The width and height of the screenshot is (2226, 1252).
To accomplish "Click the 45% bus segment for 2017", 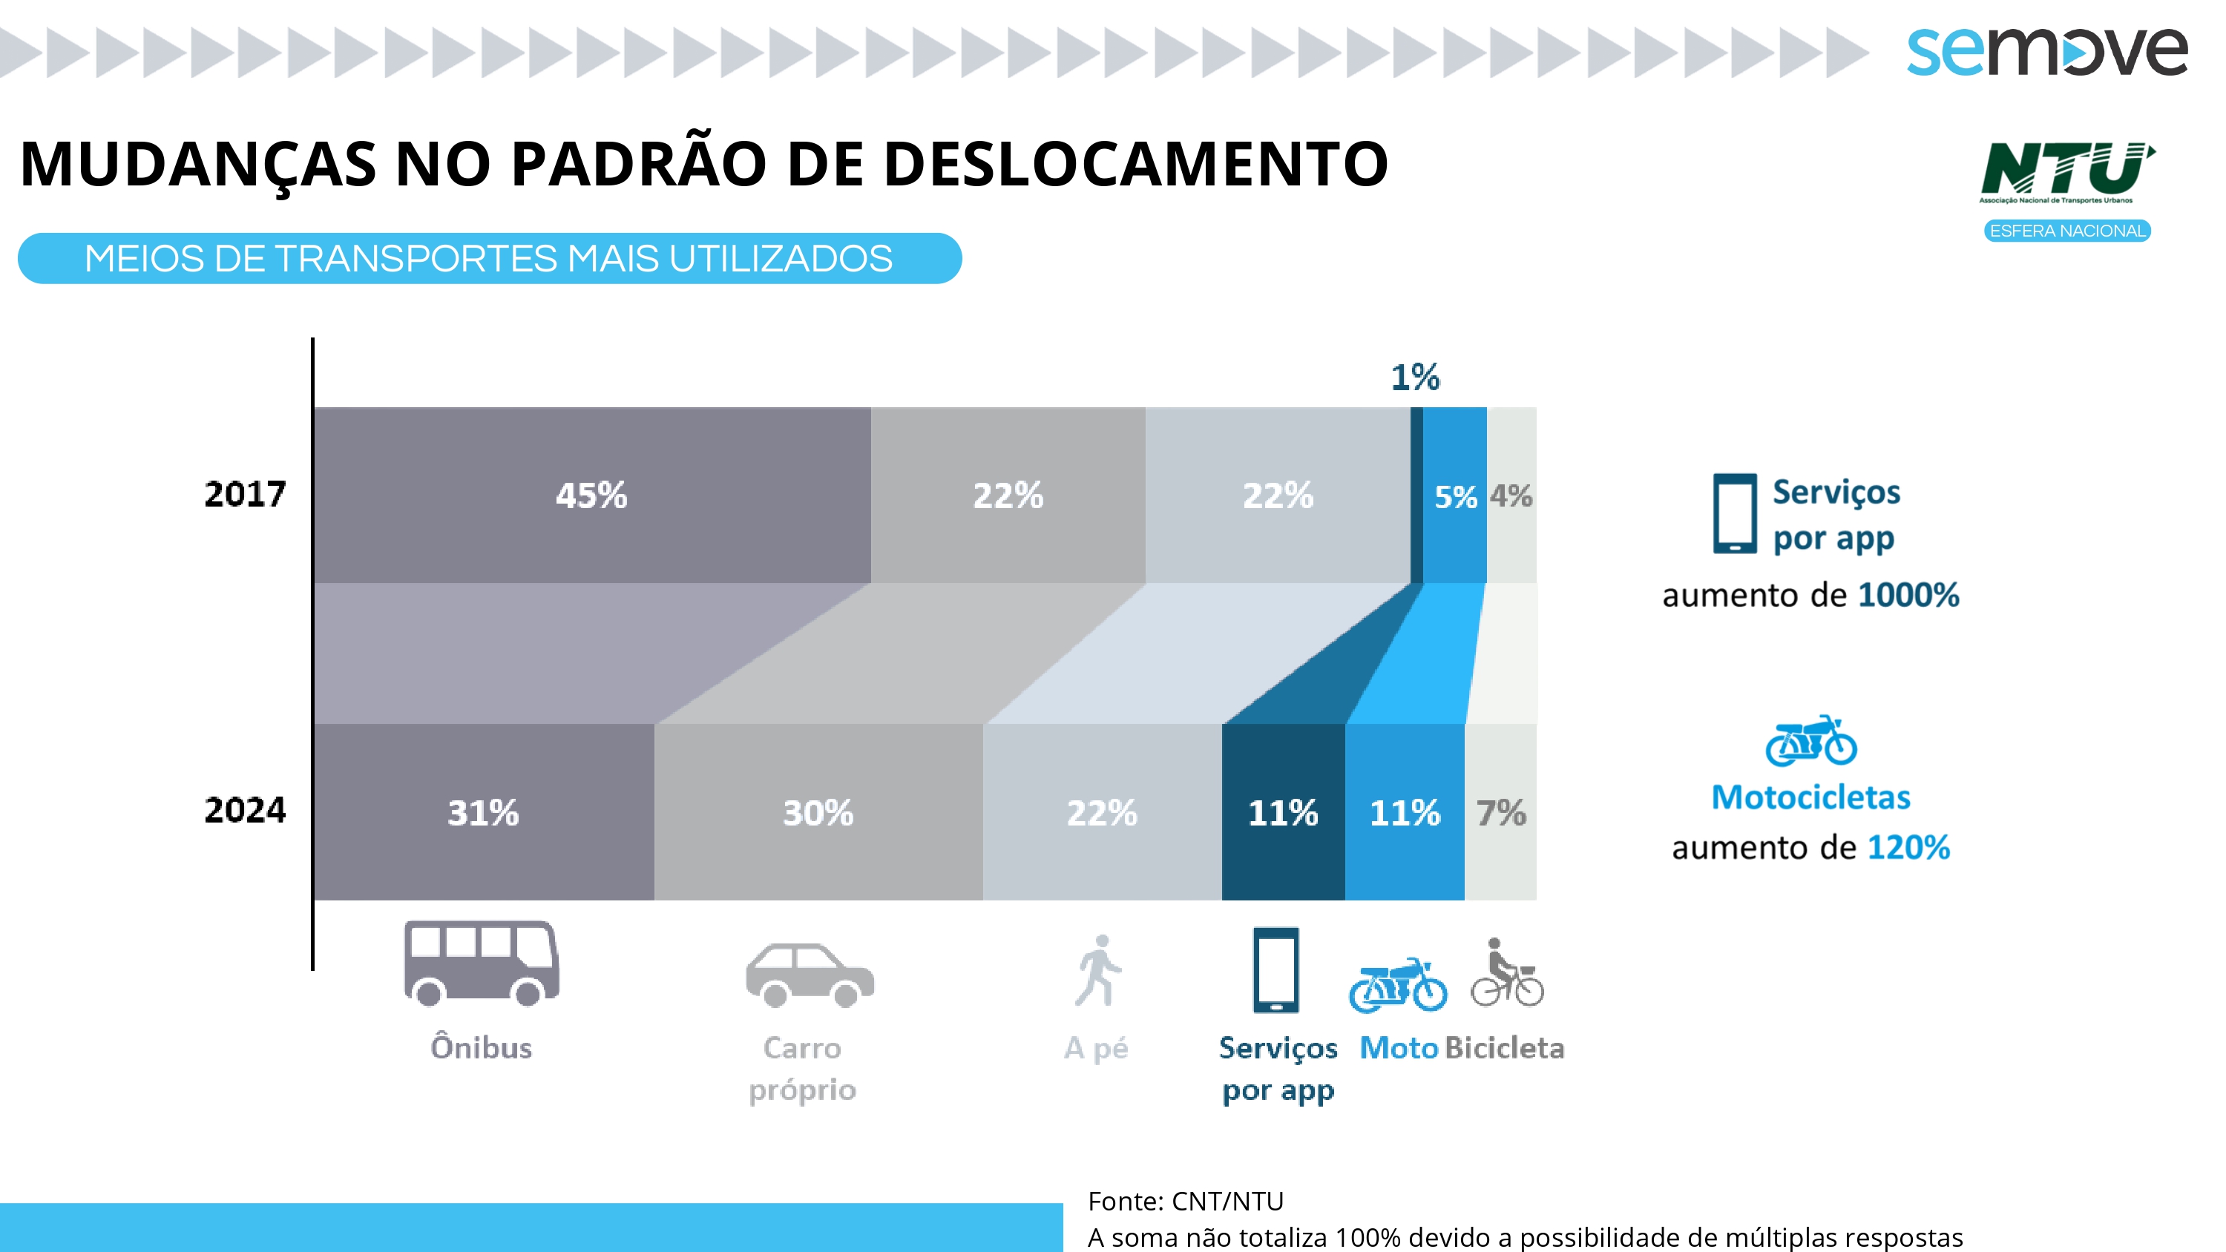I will (592, 495).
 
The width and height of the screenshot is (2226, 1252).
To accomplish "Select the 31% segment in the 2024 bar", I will (483, 812).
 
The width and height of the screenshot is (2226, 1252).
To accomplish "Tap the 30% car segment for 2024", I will (818, 812).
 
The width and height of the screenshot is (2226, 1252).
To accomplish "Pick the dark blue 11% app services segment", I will (1282, 812).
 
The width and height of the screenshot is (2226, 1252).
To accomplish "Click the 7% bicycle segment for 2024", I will (1500, 812).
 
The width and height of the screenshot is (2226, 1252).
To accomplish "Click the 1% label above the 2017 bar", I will (1414, 377).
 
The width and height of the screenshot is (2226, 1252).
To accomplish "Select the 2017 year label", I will (245, 494).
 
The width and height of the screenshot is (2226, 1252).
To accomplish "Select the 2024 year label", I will (245, 811).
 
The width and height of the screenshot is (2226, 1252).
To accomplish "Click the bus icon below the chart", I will (482, 963).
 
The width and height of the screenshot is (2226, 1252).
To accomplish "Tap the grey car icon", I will (810, 975).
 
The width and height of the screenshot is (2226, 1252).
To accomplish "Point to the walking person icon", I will (1098, 970).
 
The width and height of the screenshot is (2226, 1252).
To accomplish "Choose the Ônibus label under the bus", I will (482, 1047).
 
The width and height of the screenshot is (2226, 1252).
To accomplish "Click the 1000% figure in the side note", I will (1908, 594).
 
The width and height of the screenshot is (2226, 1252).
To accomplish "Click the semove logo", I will (2046, 50).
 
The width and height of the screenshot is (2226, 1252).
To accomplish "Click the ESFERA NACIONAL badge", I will (2067, 231).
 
